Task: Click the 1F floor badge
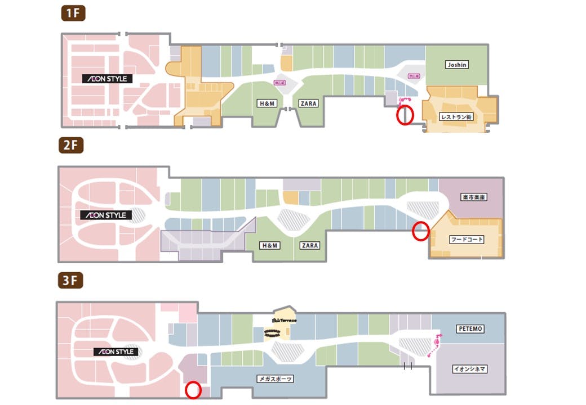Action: click(x=72, y=13)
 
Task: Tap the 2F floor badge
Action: click(x=72, y=146)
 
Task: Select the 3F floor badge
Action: click(x=72, y=280)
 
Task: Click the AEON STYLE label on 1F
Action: click(x=107, y=79)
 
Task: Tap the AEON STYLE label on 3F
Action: click(x=116, y=352)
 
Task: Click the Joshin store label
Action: click(x=456, y=65)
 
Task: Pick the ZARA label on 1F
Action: click(x=308, y=103)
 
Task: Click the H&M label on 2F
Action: click(x=269, y=246)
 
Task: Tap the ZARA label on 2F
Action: click(x=309, y=246)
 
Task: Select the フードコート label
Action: click(x=467, y=239)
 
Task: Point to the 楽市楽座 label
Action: click(x=473, y=197)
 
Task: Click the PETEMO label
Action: click(x=470, y=328)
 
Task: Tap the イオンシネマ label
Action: click(x=470, y=369)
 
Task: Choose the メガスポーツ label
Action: click(x=275, y=379)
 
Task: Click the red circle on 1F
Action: click(x=405, y=115)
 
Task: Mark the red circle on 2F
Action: click(x=420, y=231)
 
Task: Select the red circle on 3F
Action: click(x=193, y=390)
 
